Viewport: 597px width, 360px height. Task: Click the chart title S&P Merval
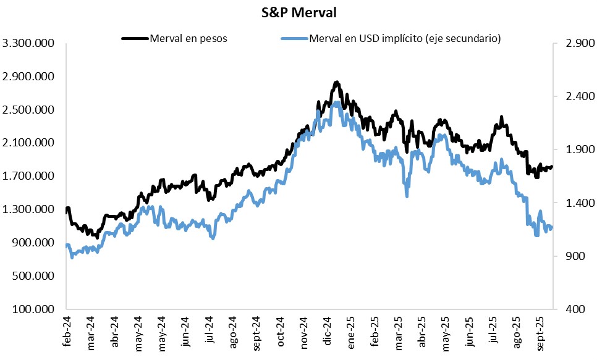click(x=298, y=12)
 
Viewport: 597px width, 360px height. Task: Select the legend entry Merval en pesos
click(x=188, y=38)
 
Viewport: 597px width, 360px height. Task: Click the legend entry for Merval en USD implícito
click(x=405, y=38)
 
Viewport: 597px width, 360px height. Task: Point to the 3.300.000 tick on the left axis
click(x=30, y=44)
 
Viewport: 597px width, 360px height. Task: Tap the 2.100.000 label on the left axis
click(x=30, y=143)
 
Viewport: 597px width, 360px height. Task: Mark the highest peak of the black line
click(x=336, y=82)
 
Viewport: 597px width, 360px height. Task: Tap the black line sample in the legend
click(x=135, y=38)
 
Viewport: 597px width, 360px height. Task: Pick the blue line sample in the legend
click(x=294, y=38)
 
